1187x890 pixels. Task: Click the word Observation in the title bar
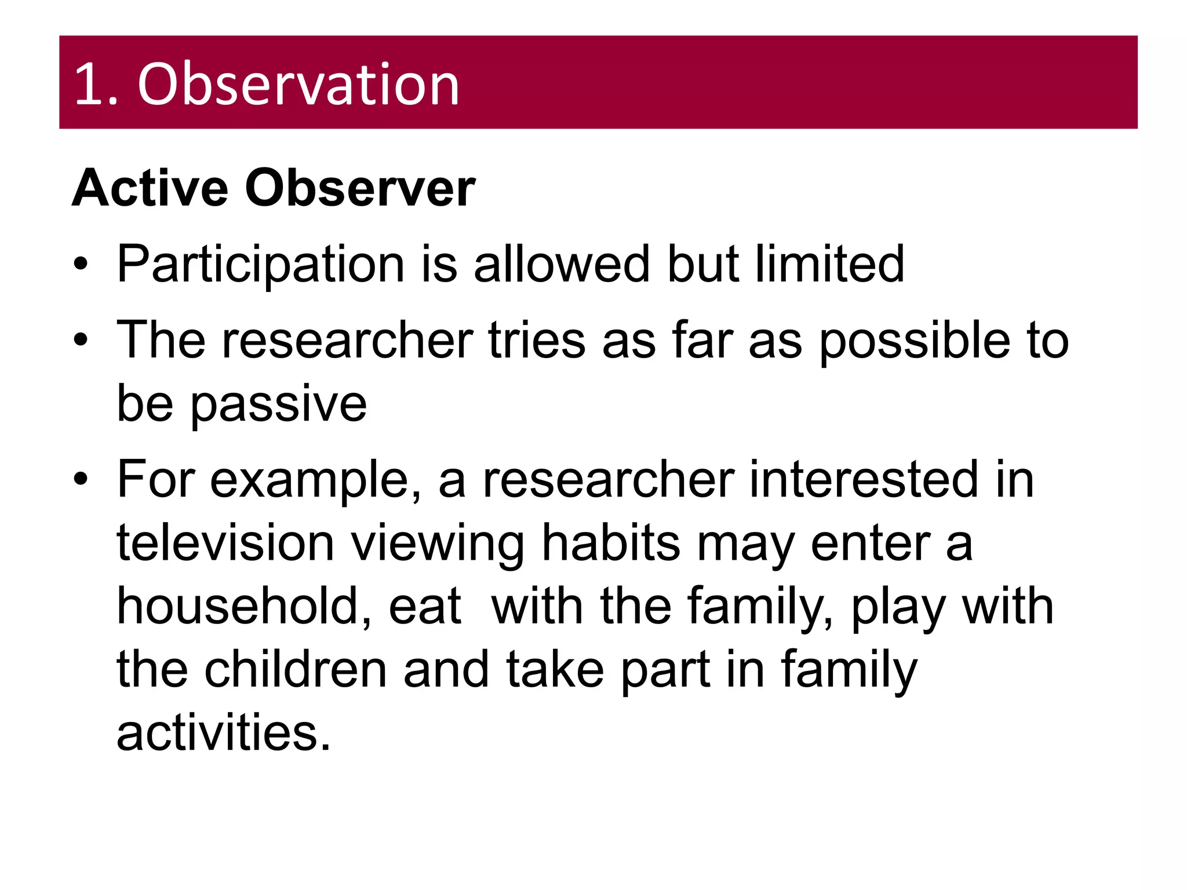[298, 85]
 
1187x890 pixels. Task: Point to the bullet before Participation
[81, 265]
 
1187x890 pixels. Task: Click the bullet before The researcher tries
[81, 340]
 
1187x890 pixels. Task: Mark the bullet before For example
[81, 479]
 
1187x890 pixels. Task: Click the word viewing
[438, 545]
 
